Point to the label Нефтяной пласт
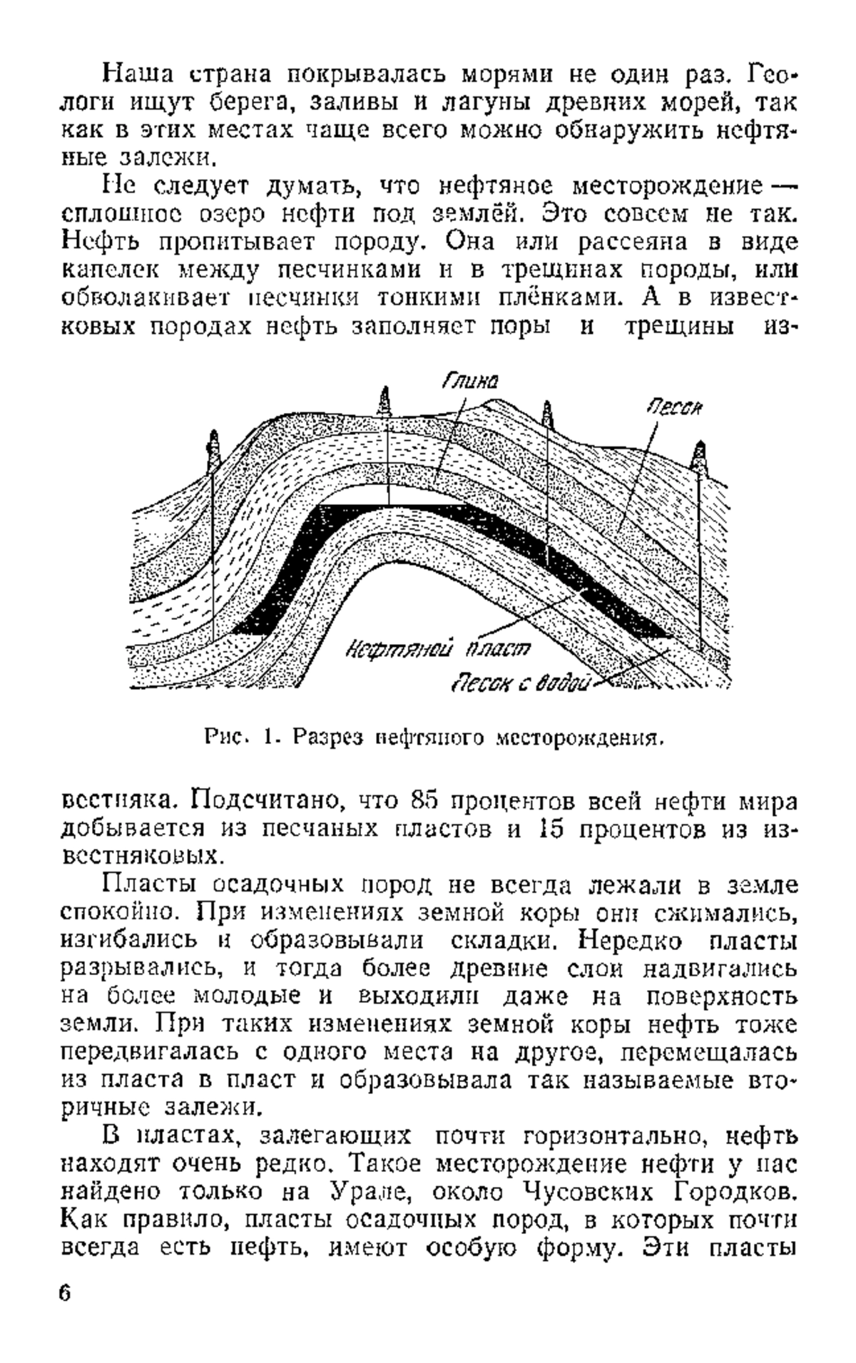pyautogui.click(x=439, y=648)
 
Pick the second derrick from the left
pyautogui.click(x=386, y=403)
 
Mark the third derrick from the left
pyautogui.click(x=548, y=416)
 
